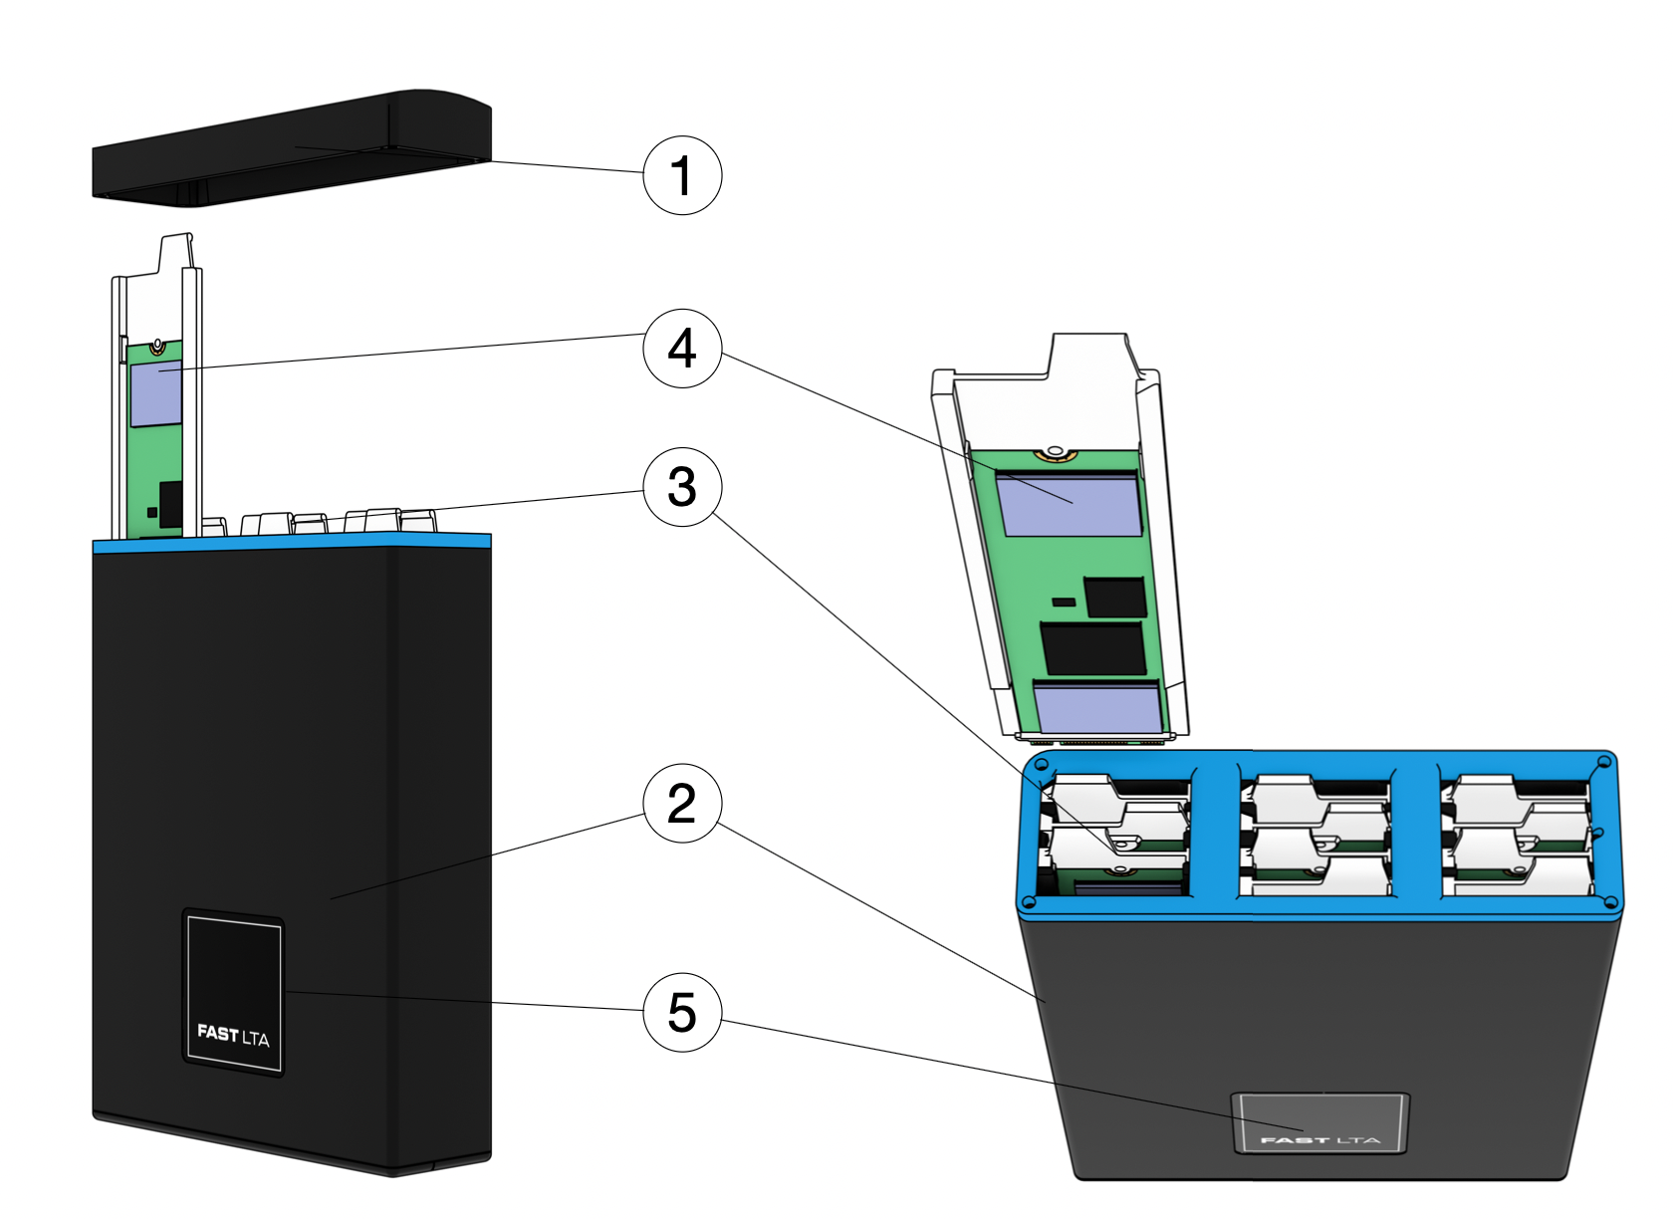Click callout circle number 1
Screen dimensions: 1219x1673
click(x=682, y=175)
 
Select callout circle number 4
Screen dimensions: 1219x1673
click(x=682, y=348)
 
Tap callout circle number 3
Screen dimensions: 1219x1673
click(x=682, y=487)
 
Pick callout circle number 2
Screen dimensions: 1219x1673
click(x=682, y=803)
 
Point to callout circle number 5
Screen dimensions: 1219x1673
click(x=682, y=1012)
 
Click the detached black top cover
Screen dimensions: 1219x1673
click(x=289, y=149)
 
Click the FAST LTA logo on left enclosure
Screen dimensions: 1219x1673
click(x=233, y=1035)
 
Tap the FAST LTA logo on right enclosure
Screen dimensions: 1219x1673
click(x=1319, y=1138)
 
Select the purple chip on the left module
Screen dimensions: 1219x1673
click(x=155, y=394)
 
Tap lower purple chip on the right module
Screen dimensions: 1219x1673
click(x=1098, y=708)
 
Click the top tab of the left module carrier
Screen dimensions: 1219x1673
click(x=175, y=252)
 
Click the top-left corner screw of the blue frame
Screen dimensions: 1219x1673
click(x=1042, y=766)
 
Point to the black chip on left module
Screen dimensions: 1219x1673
click(x=171, y=504)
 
